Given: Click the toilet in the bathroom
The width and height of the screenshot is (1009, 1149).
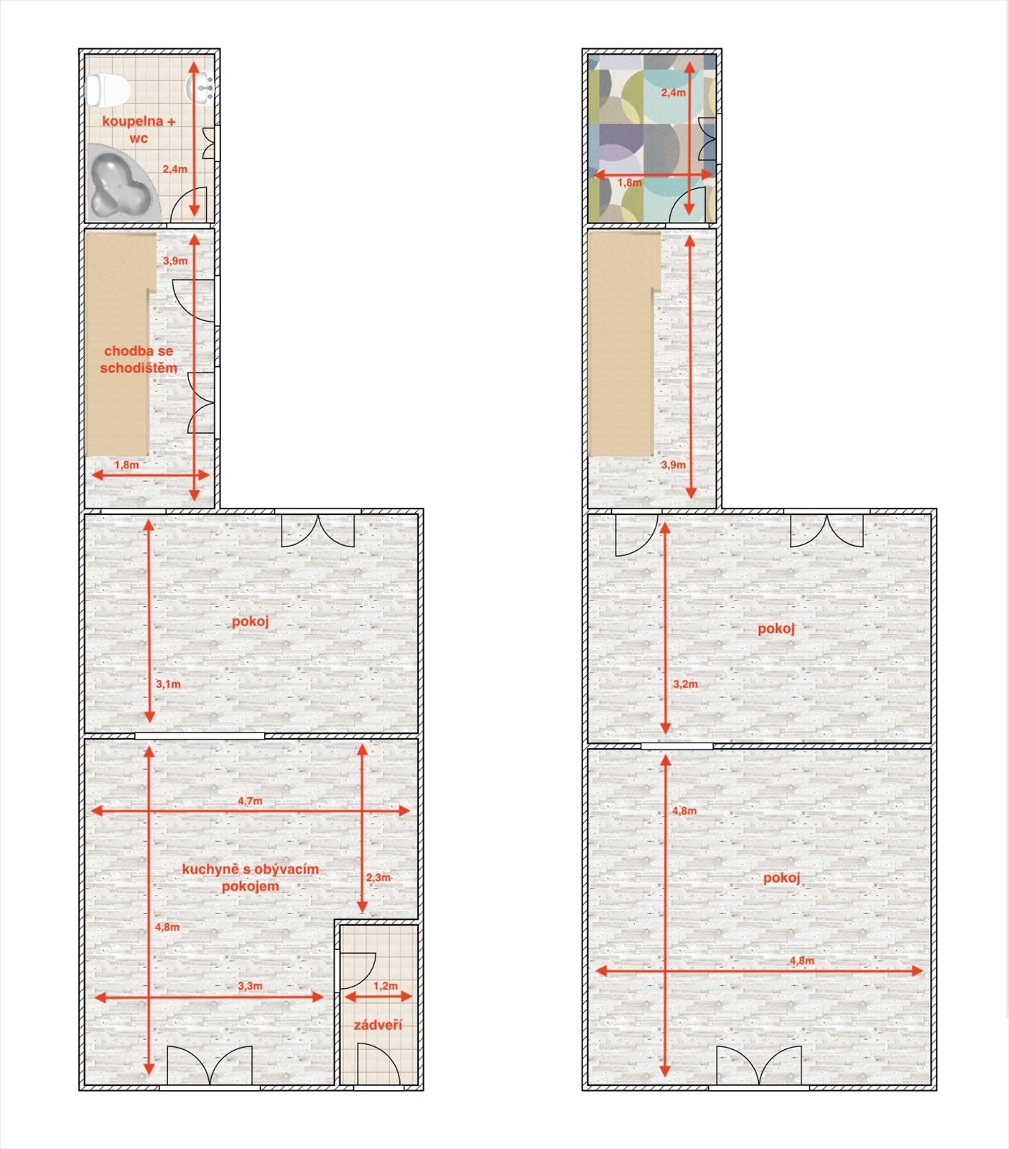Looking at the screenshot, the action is tap(107, 90).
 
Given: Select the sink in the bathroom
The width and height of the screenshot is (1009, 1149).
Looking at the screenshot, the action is tap(200, 87).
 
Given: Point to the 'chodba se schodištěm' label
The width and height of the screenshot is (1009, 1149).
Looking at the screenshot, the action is tap(139, 359).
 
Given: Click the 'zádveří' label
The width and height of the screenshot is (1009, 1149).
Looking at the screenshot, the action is tap(378, 1025).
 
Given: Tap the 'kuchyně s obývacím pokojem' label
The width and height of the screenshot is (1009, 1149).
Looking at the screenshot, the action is tap(250, 878).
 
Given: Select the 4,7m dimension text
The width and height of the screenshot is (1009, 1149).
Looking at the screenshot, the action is tap(251, 800).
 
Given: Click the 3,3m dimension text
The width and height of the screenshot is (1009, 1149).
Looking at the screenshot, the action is tap(250, 986).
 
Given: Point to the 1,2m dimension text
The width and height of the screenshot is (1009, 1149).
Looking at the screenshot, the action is tap(386, 986).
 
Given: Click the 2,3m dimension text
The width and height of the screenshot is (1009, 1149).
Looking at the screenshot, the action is tap(378, 878).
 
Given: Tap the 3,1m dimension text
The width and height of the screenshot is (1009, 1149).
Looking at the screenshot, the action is tap(168, 684).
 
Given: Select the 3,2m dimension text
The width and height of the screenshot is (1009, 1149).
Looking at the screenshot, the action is tap(685, 684).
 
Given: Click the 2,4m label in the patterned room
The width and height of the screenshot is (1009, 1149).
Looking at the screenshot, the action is tap(673, 93).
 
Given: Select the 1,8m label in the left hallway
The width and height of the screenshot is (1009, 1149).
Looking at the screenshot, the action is tap(126, 465).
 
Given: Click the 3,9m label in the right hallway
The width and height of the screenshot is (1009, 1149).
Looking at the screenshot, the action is tap(673, 465).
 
